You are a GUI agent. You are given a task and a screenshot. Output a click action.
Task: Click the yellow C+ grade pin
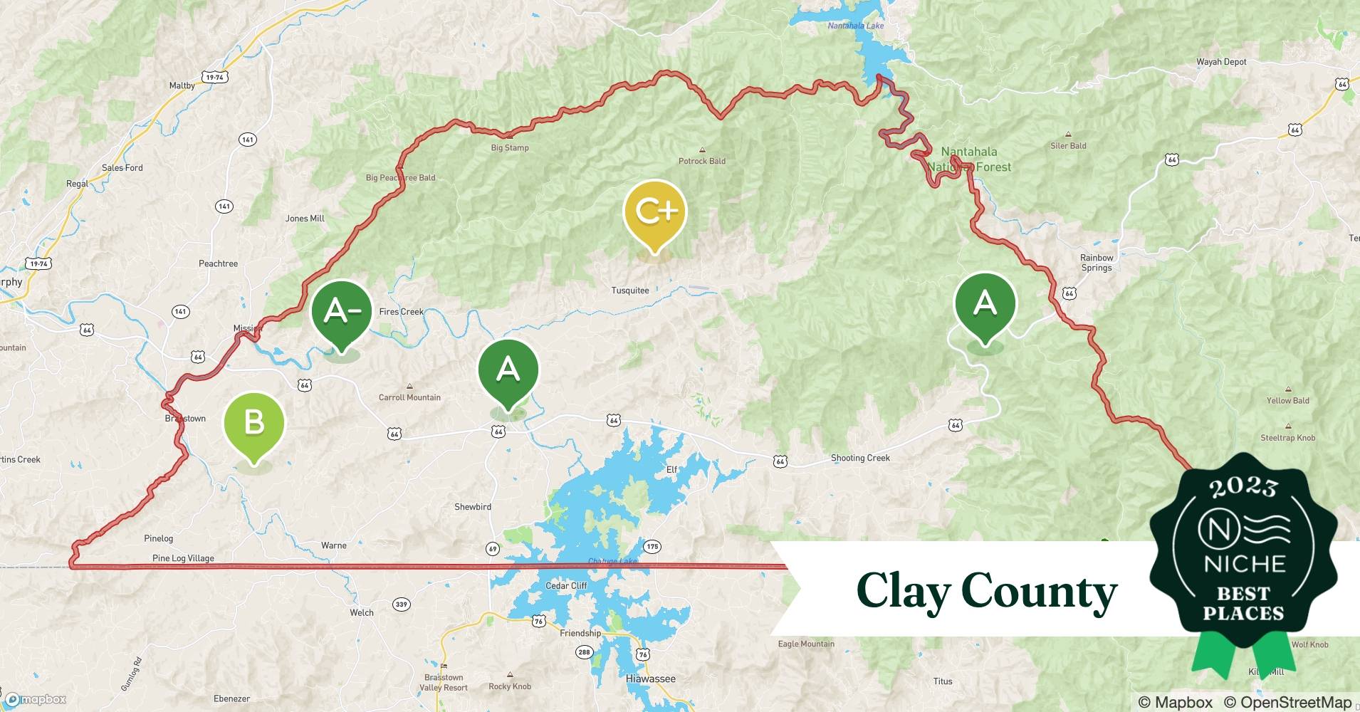[x=654, y=212]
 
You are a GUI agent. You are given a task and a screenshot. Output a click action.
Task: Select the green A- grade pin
[x=342, y=312]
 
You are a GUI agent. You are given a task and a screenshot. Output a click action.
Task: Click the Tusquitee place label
[x=630, y=290]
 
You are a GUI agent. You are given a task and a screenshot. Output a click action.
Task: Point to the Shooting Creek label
[x=860, y=458]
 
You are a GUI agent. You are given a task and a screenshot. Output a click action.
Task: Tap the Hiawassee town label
[x=650, y=679]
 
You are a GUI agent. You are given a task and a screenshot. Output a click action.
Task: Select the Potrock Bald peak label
[x=702, y=161]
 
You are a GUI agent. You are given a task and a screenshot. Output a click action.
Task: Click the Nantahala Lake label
[x=855, y=26]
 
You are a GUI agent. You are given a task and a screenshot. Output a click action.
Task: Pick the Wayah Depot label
[x=1221, y=62]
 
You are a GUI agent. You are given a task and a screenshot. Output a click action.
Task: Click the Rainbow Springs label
[x=1097, y=263]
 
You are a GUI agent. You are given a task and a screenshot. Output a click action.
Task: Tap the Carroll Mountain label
[x=409, y=397]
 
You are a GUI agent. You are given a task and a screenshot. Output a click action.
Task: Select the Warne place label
[x=334, y=545]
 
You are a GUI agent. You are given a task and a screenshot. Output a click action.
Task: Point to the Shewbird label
[x=473, y=507]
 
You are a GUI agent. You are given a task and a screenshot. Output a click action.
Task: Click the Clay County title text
[x=986, y=591]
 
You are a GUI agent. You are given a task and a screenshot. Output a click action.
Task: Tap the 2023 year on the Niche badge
[x=1243, y=487]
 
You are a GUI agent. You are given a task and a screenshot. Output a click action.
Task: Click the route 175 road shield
[x=652, y=547]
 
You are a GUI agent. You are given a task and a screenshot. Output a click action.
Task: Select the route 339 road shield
[x=402, y=604]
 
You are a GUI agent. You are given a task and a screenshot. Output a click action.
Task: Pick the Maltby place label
[x=182, y=85]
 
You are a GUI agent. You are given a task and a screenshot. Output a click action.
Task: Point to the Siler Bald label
[x=1068, y=146]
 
